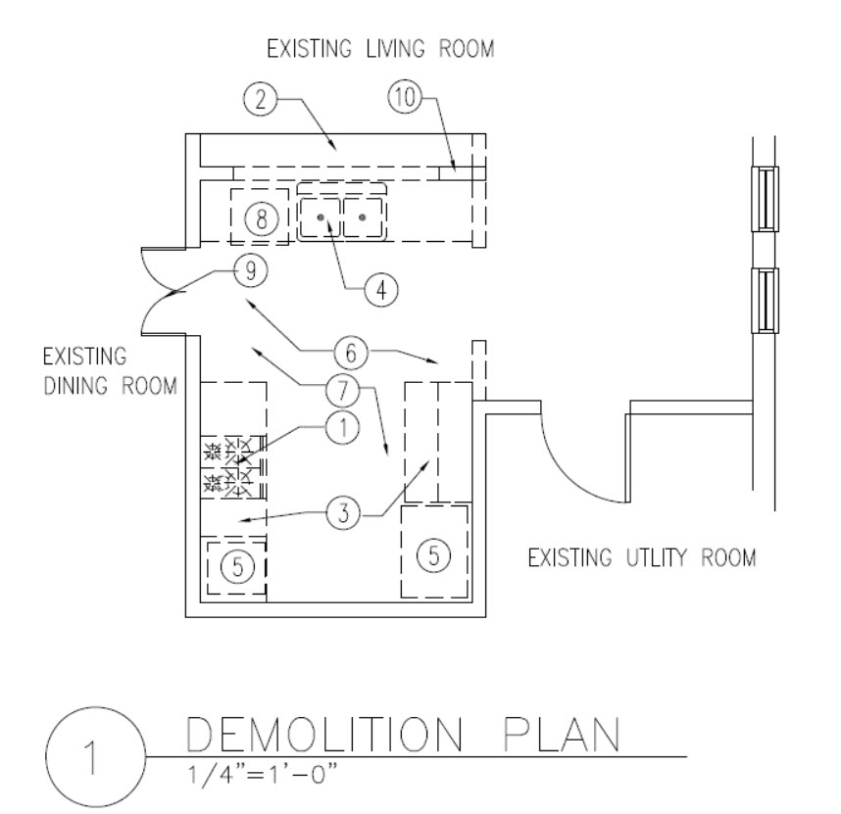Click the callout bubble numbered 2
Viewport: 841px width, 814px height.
(x=259, y=98)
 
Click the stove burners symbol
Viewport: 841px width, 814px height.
(x=231, y=466)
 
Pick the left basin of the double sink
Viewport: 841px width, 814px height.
(x=320, y=215)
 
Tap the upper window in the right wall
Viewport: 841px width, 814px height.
(x=766, y=198)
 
